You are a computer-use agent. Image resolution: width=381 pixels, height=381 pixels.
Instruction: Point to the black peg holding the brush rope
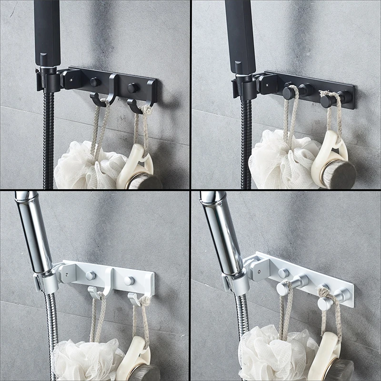327,100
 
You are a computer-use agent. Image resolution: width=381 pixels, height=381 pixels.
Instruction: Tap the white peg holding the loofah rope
284,289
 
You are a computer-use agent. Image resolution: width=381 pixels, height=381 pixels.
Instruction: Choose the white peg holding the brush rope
325,303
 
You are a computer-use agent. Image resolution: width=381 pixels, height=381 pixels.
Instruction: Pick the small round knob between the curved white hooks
129,281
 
